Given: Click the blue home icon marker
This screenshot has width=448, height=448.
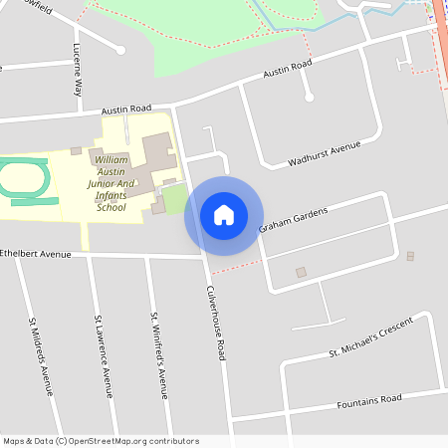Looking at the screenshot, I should click(x=224, y=215).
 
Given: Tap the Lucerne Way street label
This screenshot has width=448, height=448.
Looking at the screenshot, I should click(x=78, y=70).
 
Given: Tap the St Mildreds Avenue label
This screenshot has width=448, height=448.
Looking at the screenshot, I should click(x=41, y=355).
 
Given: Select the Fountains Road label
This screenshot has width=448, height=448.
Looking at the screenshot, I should click(x=368, y=399).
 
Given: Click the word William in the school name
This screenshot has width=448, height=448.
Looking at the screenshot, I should click(x=112, y=159).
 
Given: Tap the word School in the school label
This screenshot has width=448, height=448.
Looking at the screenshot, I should click(x=112, y=207).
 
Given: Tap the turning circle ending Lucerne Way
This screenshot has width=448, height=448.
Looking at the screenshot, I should click(x=120, y=49).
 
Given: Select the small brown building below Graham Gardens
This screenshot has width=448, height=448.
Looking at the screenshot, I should click(x=302, y=272).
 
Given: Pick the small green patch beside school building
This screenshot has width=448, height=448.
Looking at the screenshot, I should click(x=175, y=199).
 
